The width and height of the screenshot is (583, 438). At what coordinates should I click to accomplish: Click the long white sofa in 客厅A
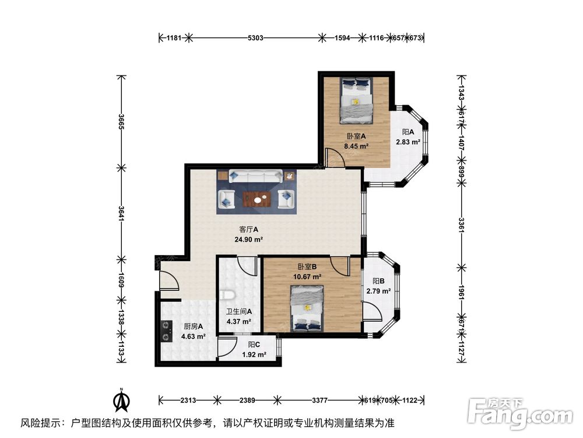[x=256, y=176]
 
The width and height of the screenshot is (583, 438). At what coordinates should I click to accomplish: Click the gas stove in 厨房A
[x=166, y=331]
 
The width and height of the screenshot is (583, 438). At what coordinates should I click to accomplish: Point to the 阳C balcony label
[x=254, y=345]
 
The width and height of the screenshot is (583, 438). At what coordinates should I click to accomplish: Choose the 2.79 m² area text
[x=378, y=290]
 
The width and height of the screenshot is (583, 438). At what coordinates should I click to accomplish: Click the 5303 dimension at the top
[x=256, y=39]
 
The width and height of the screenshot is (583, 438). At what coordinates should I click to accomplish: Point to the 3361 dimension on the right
[x=461, y=224]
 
